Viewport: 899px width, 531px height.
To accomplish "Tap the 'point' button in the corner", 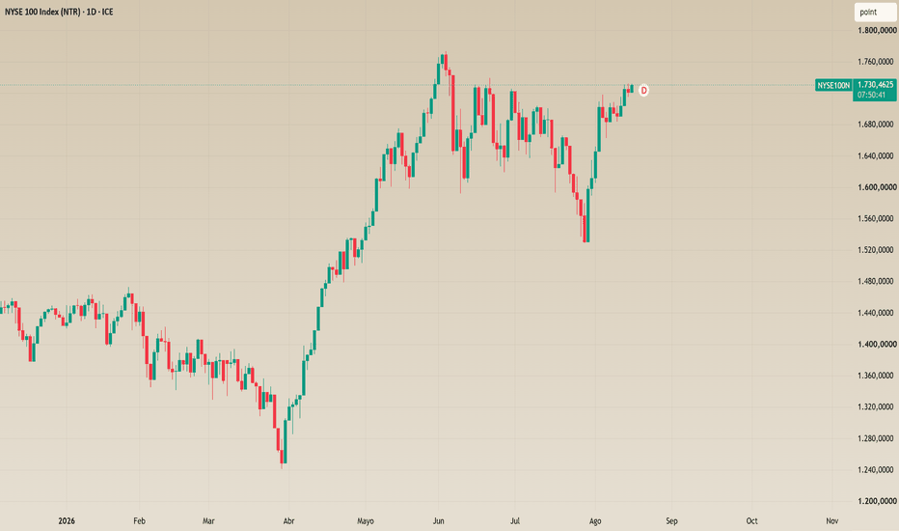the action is point(875,12).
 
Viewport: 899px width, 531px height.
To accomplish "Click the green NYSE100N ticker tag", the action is point(833,86).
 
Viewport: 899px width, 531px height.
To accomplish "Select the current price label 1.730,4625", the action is point(875,85).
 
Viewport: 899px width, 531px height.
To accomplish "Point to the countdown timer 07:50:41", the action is point(871,96).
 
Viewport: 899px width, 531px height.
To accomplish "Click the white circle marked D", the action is point(643,90).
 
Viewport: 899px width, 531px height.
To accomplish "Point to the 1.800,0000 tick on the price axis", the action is point(875,31).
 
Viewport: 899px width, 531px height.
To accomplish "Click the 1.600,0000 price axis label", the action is point(875,187).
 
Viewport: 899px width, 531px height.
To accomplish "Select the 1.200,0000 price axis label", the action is point(875,501).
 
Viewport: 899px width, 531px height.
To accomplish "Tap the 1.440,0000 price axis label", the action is point(875,313).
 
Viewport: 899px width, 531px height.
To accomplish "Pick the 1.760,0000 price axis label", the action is point(875,62).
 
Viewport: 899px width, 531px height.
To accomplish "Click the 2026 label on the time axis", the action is point(67,521).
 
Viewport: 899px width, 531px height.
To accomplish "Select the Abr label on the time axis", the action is point(289,521).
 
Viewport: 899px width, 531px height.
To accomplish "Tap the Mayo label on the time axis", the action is point(366,521).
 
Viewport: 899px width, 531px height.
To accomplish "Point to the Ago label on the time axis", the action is point(595,521).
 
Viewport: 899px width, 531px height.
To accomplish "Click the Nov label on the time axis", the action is point(831,521).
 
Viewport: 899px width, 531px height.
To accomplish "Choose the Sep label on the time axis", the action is point(671,521).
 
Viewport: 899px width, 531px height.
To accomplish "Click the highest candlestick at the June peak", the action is point(446,62).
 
